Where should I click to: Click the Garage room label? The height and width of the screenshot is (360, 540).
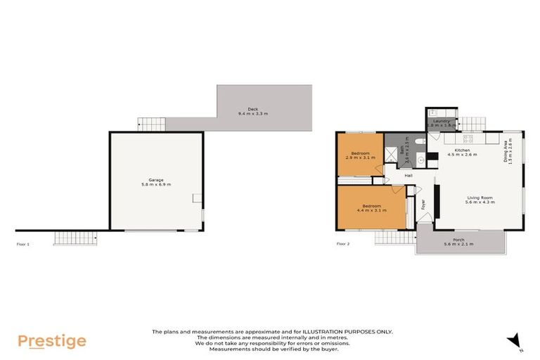tap(155, 180)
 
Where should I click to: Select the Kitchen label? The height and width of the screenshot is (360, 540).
tap(462, 150)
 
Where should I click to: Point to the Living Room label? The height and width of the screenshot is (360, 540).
tap(480, 198)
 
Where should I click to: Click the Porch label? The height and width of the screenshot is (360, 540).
tap(458, 240)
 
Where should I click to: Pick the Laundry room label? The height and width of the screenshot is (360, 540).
tap(441, 121)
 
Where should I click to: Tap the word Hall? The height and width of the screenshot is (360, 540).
tap(409, 175)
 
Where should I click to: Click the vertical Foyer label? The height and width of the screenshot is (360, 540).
tap(423, 205)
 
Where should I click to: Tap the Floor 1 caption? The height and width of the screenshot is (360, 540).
tap(23, 244)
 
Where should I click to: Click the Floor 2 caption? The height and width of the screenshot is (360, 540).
tap(343, 244)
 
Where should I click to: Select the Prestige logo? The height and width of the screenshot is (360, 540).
tap(52, 342)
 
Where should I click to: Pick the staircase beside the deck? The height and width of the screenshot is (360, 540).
tap(151, 124)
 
